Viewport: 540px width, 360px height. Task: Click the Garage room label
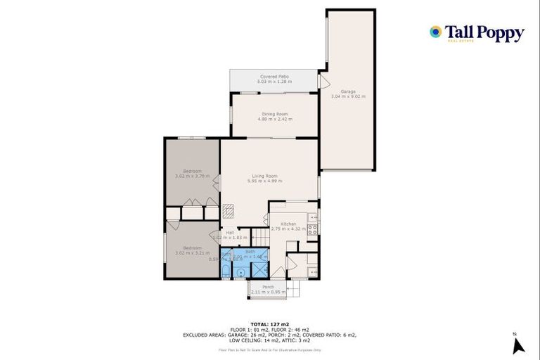(348, 91)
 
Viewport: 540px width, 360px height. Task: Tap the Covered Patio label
(274, 77)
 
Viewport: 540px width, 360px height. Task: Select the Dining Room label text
(275, 114)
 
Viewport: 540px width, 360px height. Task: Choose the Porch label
(269, 286)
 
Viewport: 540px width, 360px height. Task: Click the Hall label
(230, 233)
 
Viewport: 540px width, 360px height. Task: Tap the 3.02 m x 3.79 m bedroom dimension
(193, 176)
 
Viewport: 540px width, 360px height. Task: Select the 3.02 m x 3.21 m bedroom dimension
(193, 253)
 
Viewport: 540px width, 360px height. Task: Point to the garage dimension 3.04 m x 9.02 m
(348, 96)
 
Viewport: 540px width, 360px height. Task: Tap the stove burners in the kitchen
(312, 229)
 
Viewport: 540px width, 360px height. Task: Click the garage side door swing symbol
(323, 82)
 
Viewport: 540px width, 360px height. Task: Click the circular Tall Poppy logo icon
(436, 32)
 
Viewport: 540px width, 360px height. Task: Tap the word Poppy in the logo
(499, 32)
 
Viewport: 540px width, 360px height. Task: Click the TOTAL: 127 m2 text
(269, 324)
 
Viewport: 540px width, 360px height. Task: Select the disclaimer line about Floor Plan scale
(269, 349)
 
